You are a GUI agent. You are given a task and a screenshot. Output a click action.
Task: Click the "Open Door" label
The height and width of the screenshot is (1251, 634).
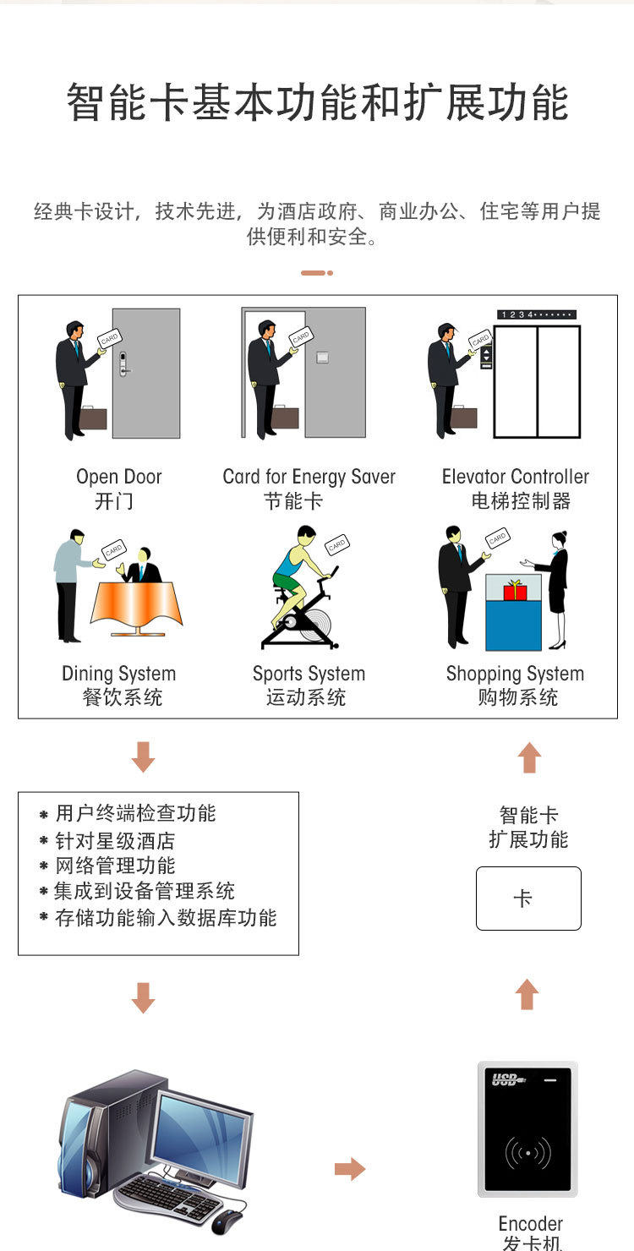119,477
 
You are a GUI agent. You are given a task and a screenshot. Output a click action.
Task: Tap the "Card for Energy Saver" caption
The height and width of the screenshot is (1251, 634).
309,477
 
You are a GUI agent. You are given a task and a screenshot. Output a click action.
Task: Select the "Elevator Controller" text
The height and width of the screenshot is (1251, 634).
516,477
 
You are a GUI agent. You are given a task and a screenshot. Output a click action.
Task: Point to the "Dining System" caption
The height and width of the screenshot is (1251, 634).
119,674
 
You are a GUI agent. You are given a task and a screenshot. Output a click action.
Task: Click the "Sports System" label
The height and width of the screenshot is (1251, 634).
309,674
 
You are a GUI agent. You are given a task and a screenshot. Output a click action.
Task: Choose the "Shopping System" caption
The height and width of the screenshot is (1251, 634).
515,674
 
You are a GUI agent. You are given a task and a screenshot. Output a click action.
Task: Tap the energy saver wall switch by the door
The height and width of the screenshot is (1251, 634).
323,358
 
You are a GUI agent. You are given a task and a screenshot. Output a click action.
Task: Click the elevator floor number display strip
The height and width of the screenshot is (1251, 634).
537,314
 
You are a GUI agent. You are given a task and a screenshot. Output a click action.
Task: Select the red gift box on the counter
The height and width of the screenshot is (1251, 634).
515,590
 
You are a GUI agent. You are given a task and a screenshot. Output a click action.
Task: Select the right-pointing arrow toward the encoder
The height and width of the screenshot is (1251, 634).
350,1168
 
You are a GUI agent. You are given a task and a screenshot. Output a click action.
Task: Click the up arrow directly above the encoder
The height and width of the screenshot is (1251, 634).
527,994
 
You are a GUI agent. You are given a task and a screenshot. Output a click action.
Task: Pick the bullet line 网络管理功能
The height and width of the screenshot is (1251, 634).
115,866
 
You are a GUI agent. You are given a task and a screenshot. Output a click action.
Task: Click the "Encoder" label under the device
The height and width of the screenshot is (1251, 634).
531,1224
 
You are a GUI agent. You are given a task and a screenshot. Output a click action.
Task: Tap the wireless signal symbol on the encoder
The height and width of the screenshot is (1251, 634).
527,1152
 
